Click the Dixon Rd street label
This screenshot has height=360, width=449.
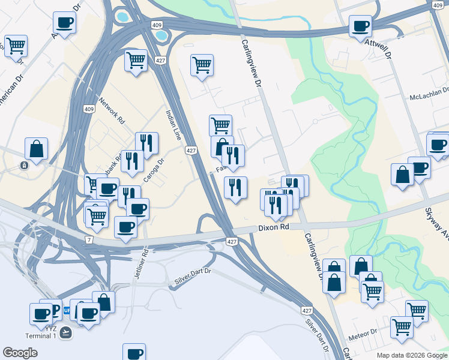coord(274,227)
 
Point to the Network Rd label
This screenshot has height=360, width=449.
coord(112,111)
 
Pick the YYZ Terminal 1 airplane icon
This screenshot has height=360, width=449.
coord(65,331)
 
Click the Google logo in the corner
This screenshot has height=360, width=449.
coord(20,353)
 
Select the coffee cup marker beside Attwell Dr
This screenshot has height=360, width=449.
coord(360,26)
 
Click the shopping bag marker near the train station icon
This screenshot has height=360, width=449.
coord(36,148)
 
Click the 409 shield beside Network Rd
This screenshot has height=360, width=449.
coord(89,109)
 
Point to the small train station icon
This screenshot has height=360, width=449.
coord(24,166)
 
